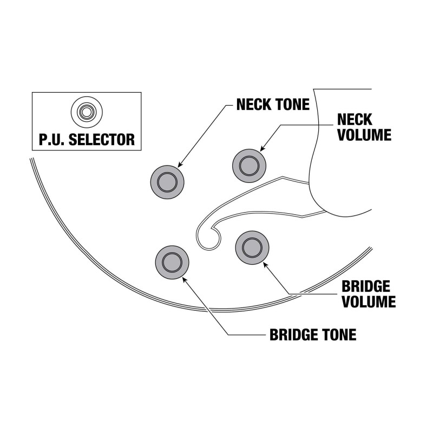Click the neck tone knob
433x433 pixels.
pos(167,181)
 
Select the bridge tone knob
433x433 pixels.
pos(173,261)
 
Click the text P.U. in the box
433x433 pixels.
pos(53,139)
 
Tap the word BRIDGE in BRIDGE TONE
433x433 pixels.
pos(295,334)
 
